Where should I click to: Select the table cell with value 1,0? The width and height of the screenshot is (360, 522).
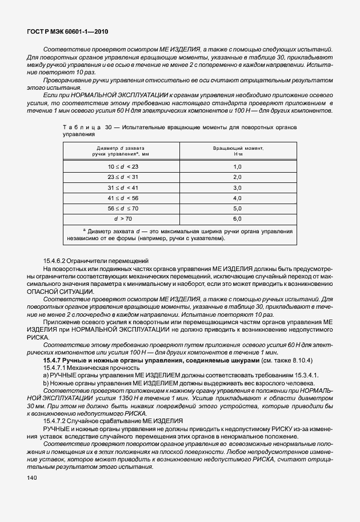tap(238, 166)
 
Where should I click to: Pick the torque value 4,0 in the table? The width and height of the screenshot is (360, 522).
tap(238, 198)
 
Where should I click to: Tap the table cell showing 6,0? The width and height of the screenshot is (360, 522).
tap(238, 218)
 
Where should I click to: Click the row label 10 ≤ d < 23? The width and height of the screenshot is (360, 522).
tap(123, 166)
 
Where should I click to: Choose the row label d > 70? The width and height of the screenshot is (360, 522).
tap(123, 218)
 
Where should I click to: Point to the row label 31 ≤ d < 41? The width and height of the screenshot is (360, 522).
tap(123, 188)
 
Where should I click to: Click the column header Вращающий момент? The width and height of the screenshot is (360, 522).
tap(238, 148)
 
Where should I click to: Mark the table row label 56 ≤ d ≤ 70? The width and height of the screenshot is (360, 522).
tap(123, 208)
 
